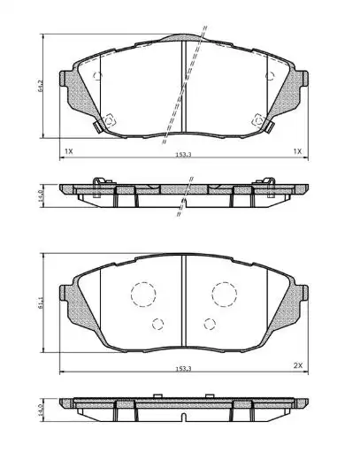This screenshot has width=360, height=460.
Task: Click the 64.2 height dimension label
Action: [40, 86]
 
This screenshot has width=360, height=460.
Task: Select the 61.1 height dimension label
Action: [40, 303]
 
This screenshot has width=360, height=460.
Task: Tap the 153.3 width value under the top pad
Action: [183, 155]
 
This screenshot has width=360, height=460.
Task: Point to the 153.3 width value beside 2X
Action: [183, 369]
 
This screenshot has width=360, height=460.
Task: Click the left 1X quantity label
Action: [68, 151]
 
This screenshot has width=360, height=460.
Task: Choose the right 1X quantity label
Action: [298, 151]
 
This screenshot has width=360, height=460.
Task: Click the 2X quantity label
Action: [298, 365]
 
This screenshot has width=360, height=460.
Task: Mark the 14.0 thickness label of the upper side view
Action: [40, 195]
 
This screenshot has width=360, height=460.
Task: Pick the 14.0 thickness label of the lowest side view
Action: [40, 410]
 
